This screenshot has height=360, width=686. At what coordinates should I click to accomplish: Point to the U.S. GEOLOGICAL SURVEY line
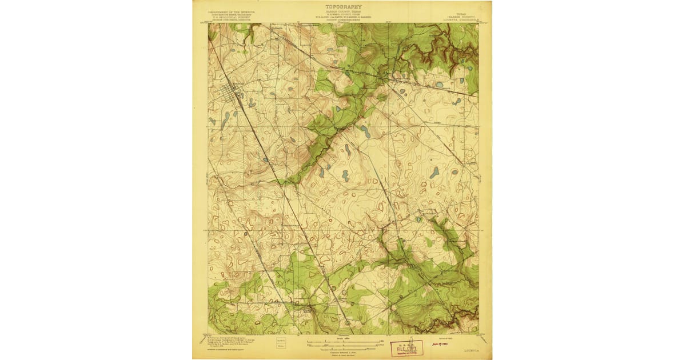pos(231,17)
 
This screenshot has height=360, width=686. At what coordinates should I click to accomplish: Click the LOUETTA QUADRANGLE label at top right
pos(460,17)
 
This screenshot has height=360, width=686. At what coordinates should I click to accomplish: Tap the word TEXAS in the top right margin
pos(461,11)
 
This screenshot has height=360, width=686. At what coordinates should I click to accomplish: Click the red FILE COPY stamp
pos(407,349)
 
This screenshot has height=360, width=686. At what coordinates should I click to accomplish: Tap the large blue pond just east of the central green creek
pos(365,133)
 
